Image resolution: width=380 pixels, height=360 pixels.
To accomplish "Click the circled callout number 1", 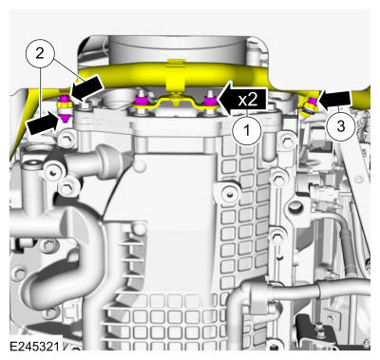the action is [x=247, y=130].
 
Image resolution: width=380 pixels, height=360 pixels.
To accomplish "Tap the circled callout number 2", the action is [x=40, y=53].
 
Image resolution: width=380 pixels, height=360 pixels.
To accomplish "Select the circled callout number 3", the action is [x=341, y=126].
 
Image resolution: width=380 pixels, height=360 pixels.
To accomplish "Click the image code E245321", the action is [x=34, y=346].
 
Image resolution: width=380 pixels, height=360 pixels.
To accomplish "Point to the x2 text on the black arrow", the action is [x=248, y=100].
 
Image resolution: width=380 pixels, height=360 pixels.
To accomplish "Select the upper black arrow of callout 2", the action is [x=86, y=88].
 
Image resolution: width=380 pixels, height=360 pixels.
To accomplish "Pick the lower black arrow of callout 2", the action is [x=44, y=123].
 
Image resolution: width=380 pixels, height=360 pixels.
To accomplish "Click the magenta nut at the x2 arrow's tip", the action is [x=209, y=102].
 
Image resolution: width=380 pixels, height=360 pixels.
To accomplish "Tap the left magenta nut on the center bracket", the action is [x=140, y=102].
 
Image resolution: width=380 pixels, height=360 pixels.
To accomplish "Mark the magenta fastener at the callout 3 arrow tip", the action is [x=313, y=102].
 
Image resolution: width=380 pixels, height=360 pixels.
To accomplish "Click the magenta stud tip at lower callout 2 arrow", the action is [x=65, y=118].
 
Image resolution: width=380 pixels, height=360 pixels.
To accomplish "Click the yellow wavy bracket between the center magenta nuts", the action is [x=174, y=102].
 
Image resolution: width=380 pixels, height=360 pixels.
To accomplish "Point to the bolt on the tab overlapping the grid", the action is [x=229, y=192].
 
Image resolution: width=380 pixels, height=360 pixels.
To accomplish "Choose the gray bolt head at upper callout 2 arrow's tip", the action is [x=86, y=104].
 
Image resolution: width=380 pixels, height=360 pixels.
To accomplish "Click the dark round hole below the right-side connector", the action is [x=294, y=207].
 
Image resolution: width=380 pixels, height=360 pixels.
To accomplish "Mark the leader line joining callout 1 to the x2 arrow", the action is [x=247, y=112].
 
